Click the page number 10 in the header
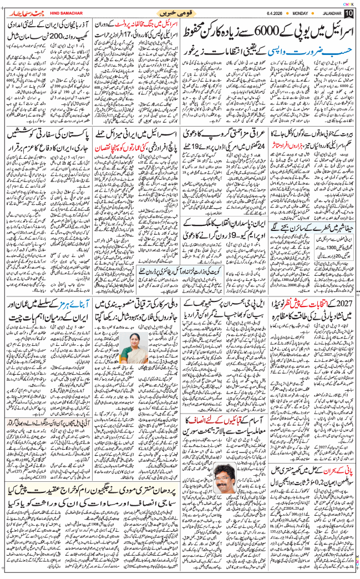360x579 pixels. point(348,13)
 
